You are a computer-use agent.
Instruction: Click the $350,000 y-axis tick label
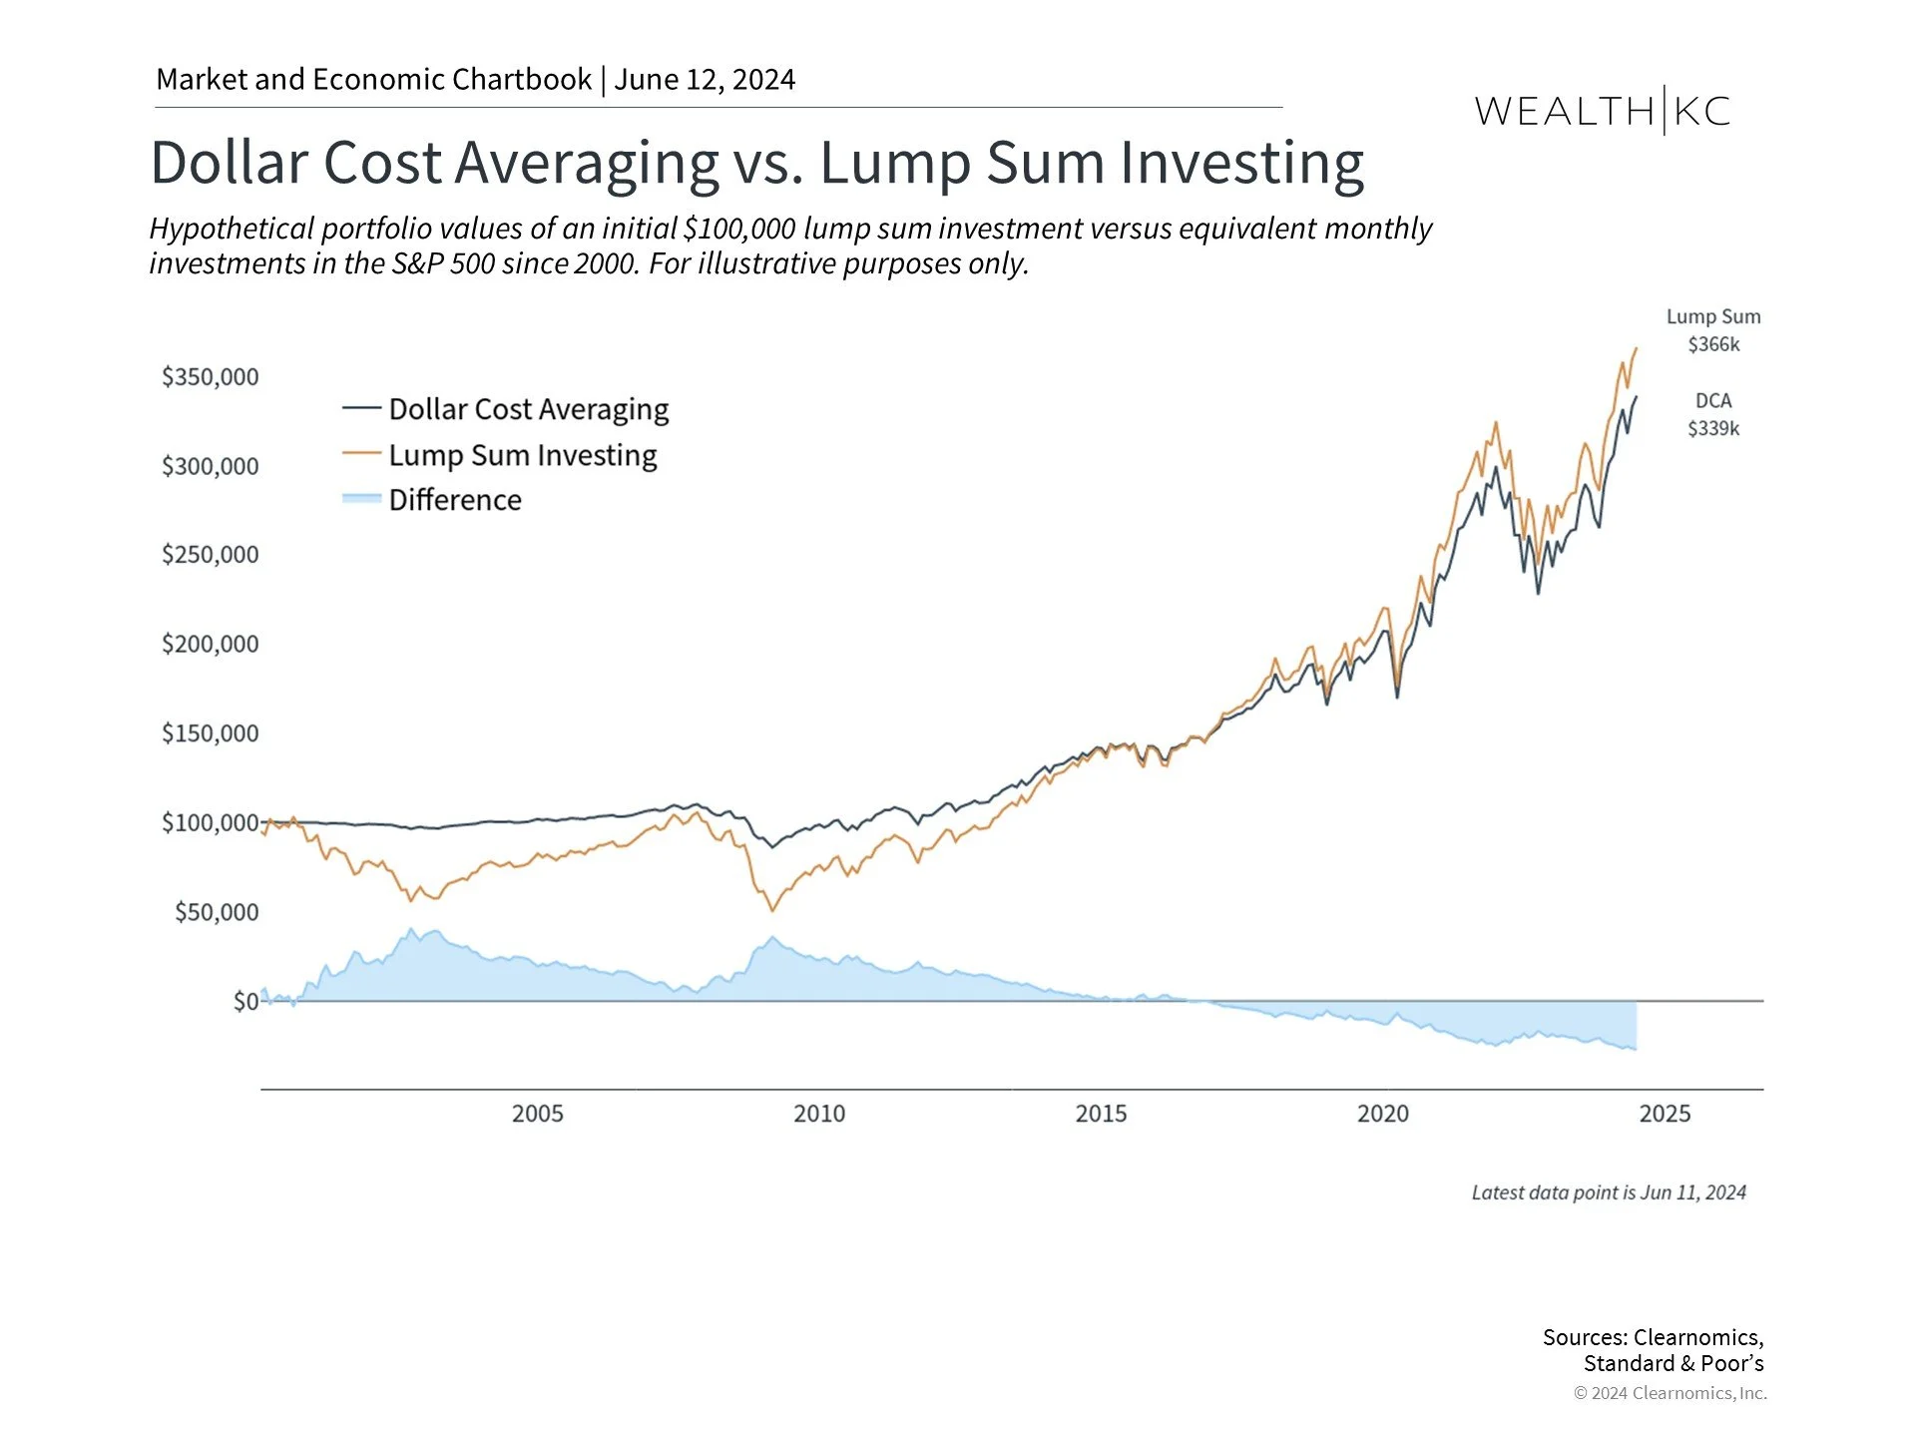coord(210,377)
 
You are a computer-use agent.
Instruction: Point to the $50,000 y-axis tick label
coord(216,912)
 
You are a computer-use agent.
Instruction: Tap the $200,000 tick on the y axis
coord(210,645)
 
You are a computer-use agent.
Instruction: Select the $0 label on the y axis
coord(244,1001)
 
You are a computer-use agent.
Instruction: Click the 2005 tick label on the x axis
coord(537,1114)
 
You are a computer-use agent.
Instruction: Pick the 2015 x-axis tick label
coord(1101,1114)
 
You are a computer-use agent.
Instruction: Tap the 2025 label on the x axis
coord(1665,1114)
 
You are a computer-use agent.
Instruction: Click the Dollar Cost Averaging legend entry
coord(528,409)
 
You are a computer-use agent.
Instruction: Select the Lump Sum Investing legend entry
coord(522,455)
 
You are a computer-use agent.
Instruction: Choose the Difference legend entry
coord(454,500)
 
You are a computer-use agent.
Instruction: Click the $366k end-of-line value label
coord(1713,345)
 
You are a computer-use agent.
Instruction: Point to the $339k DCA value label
coord(1713,429)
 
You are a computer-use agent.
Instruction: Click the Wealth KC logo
coord(1602,111)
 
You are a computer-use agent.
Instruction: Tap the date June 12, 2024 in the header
coord(705,80)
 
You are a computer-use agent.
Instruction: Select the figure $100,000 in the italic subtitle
coord(739,229)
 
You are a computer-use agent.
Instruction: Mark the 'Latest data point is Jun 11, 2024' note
coord(1609,1193)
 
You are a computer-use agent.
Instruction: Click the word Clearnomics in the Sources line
coord(1695,1337)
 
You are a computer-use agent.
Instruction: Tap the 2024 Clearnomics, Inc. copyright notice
coord(1670,1393)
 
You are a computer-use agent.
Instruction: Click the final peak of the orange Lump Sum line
coord(1636,348)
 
